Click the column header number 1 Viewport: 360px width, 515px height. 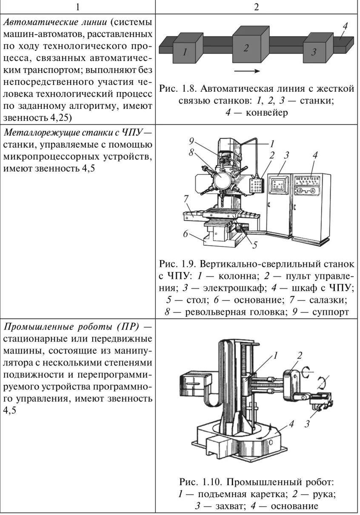77,7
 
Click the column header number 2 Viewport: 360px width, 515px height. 257,7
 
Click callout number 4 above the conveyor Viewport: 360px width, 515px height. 344,26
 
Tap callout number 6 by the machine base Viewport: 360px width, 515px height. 186,233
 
